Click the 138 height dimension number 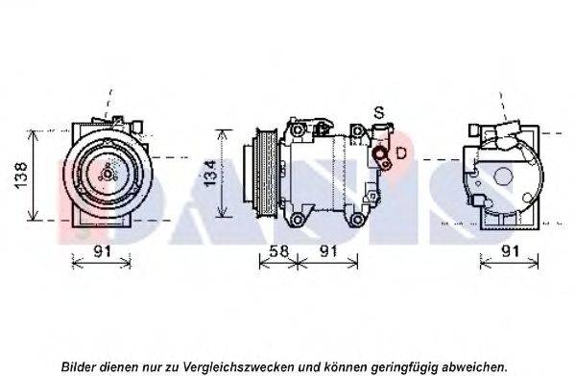click(21, 176)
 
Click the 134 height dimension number click(210, 173)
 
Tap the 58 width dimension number click(278, 251)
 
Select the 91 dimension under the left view click(102, 251)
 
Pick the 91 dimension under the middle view click(328, 251)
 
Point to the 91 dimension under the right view click(511, 251)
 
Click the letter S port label click(379, 112)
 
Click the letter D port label click(401, 153)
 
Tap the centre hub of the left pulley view click(108, 175)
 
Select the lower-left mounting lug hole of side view click(298, 220)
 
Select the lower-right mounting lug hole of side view click(357, 220)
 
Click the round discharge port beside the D click(379, 153)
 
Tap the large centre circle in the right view click(503, 176)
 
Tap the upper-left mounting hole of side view click(298, 129)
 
